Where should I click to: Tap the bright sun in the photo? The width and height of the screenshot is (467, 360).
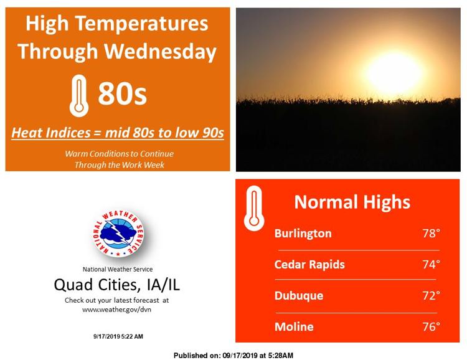tap(394, 73)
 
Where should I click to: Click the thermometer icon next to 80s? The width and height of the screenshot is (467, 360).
tap(79, 96)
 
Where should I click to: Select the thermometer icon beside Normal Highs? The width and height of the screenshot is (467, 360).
tap(254, 208)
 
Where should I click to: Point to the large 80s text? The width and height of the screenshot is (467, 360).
tap(123, 93)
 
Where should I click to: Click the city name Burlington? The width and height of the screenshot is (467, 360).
tap(303, 234)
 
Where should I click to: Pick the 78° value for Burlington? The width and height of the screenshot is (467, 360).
tap(431, 234)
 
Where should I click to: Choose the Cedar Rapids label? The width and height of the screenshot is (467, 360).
tap(309, 264)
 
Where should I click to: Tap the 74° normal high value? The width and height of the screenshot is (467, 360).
tap(431, 264)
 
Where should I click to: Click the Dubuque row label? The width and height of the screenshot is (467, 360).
tap(299, 296)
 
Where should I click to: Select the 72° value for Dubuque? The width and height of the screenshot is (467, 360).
tap(431, 295)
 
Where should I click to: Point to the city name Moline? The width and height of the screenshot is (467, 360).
tap(294, 326)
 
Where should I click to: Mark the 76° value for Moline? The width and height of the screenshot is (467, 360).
tap(431, 326)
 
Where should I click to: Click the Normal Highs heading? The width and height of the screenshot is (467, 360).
tap(352, 202)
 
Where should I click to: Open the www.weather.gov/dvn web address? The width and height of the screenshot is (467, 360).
tap(117, 310)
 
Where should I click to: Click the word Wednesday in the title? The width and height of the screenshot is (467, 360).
tap(160, 52)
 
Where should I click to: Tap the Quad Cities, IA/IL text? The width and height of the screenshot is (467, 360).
tap(117, 285)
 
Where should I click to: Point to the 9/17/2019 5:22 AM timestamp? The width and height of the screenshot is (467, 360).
tap(118, 336)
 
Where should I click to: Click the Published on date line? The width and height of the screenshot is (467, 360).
tap(233, 356)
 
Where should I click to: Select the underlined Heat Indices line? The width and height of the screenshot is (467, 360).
tap(118, 133)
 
